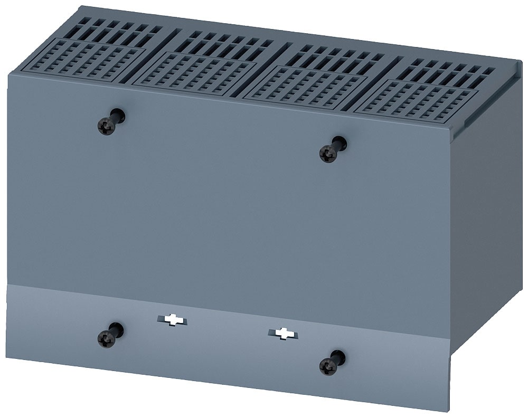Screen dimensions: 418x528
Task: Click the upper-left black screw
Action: (x=107, y=126)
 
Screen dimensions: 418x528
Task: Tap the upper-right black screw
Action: (x=328, y=153)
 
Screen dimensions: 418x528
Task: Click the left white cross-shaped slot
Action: (x=173, y=320)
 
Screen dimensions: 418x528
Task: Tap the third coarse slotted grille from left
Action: (x=338, y=57)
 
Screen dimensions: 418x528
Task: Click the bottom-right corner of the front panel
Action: (x=449, y=409)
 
